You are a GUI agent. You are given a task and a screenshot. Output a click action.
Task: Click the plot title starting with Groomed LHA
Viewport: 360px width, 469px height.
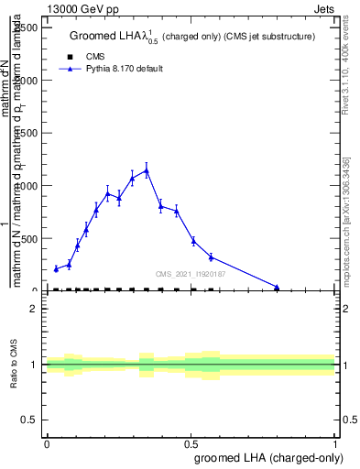[192, 37]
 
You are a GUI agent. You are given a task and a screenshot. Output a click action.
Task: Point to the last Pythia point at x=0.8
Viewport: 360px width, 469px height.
[277, 287]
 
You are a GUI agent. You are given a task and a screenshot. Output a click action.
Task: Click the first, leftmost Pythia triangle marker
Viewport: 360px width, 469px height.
[56, 268]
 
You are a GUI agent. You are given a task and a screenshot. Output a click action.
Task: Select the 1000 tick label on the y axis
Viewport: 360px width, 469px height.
[27, 186]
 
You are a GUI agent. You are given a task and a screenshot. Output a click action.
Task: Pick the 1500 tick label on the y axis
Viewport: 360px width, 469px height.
[27, 133]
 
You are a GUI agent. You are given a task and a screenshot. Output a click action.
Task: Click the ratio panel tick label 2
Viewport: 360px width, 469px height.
[34, 310]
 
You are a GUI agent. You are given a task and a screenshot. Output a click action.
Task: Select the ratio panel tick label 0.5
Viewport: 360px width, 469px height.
[30, 420]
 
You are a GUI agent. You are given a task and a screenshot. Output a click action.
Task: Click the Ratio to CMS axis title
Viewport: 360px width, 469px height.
[15, 365]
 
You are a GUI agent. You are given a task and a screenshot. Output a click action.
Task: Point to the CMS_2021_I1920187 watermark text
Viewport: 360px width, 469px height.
[191, 274]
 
